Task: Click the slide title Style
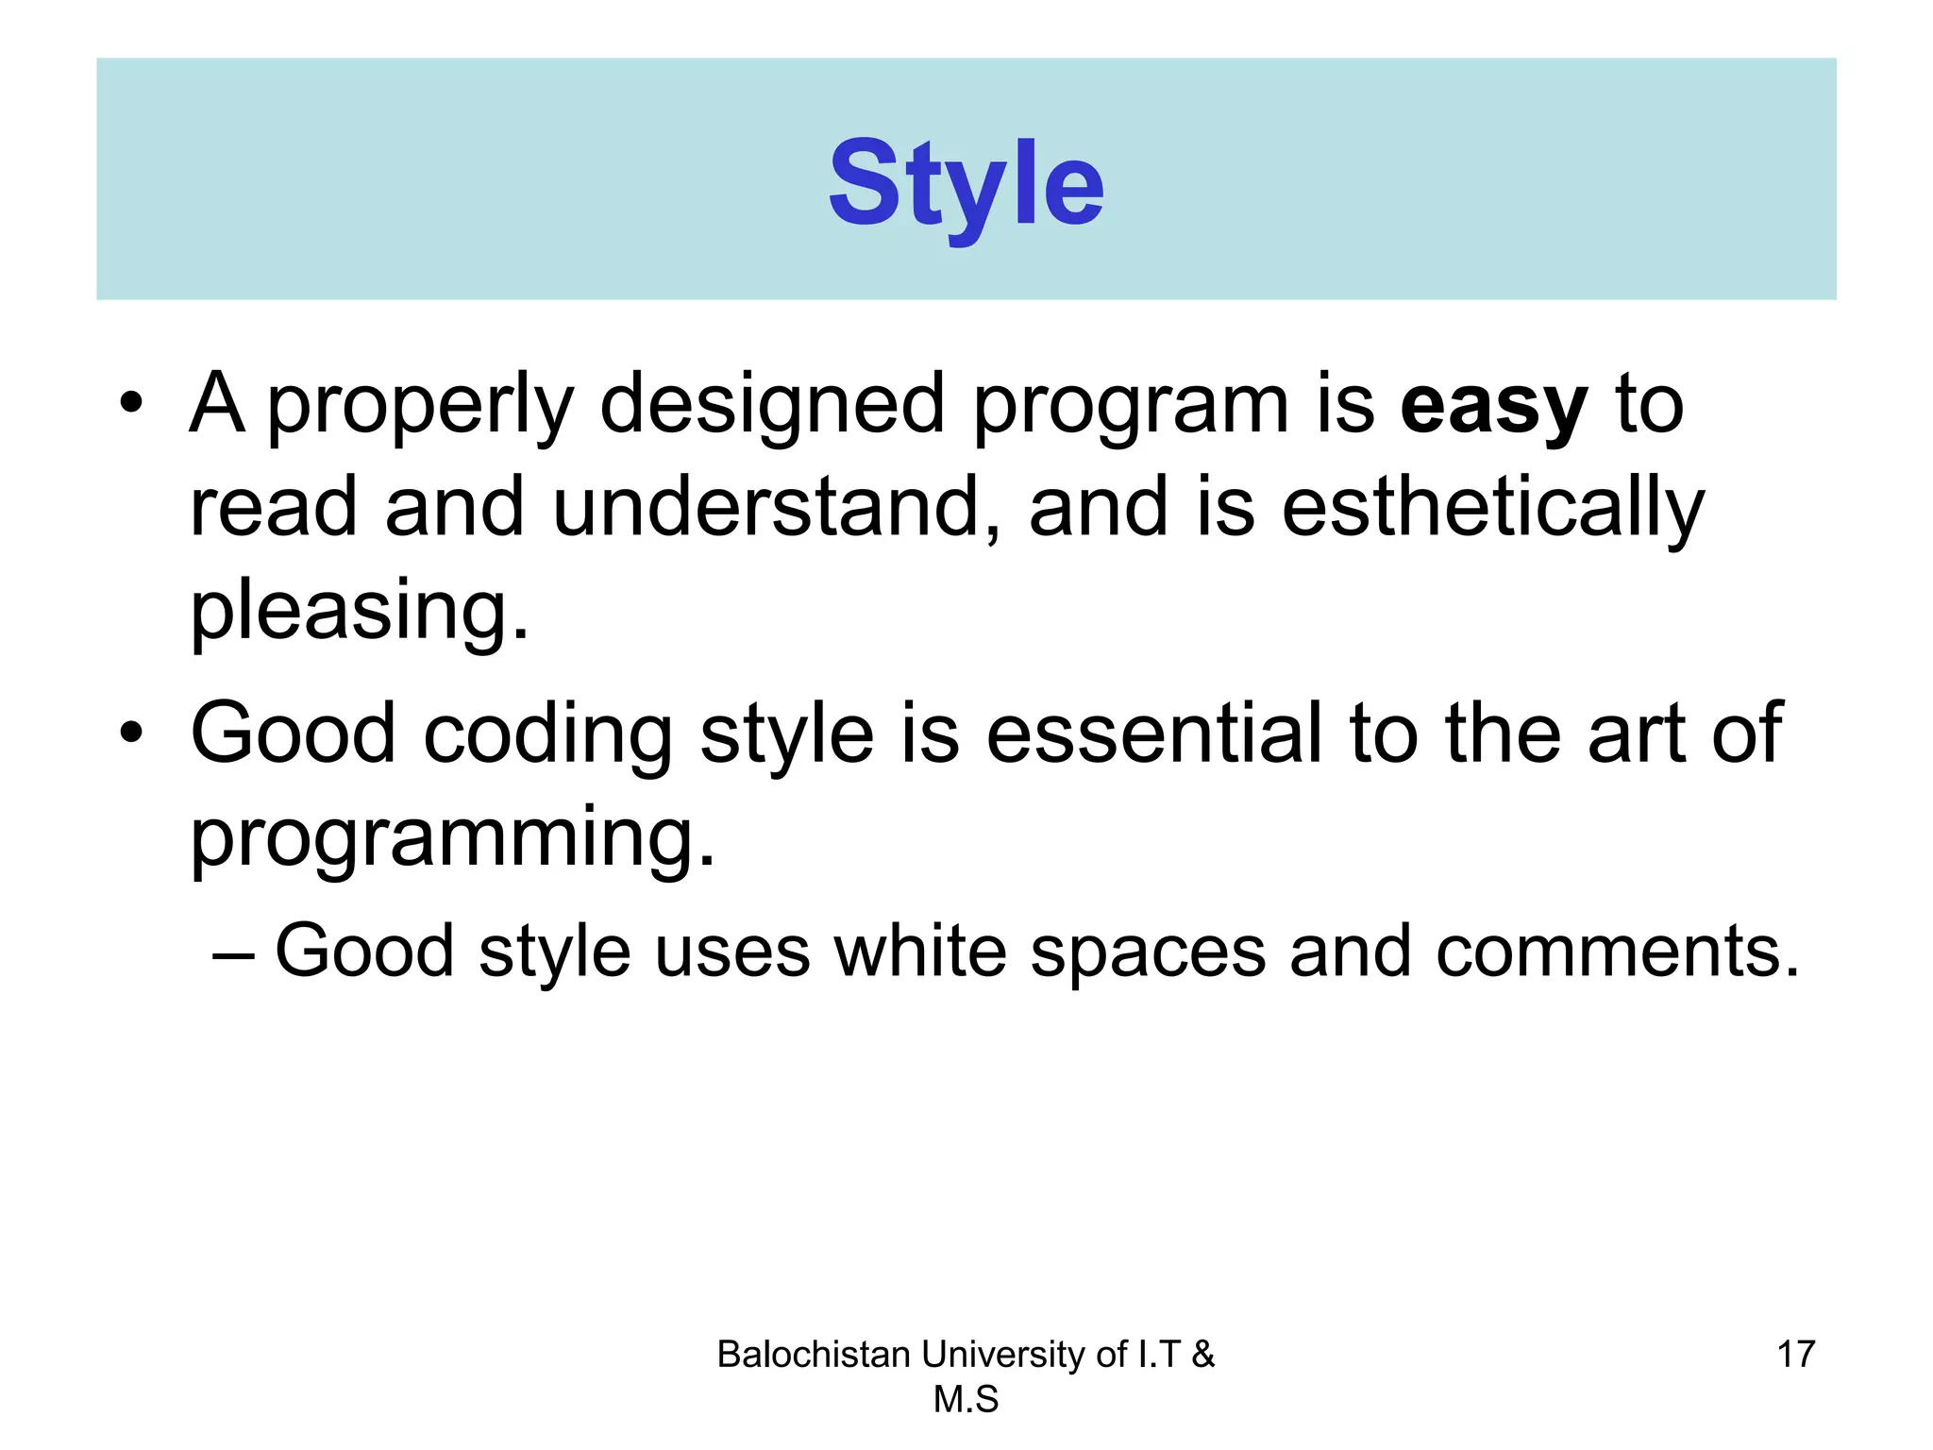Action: (966, 183)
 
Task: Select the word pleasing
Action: (359, 612)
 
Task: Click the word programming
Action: (452, 838)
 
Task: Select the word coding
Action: (547, 736)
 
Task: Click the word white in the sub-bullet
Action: (920, 951)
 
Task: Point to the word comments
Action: (1617, 951)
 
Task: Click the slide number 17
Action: (1795, 1354)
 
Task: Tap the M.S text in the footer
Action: (966, 1399)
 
